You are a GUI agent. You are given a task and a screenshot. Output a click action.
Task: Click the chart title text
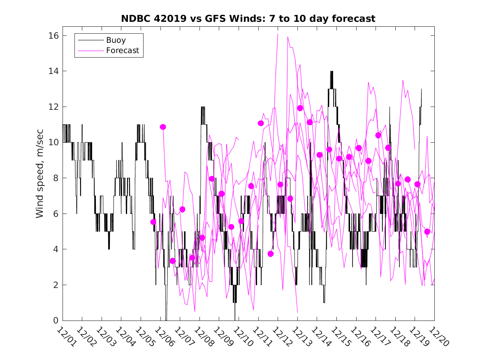click(x=248, y=19)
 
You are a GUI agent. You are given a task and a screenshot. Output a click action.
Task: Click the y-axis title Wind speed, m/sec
click(x=40, y=178)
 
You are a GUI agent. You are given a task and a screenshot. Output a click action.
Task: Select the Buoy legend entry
click(x=116, y=40)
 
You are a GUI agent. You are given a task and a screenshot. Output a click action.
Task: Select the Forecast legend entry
click(x=123, y=51)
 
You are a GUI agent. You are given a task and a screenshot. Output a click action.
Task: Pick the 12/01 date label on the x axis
click(x=66, y=337)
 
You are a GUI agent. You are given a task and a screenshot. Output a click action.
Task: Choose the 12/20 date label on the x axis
click(x=437, y=337)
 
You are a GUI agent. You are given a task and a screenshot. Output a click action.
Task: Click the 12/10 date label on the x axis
click(x=242, y=337)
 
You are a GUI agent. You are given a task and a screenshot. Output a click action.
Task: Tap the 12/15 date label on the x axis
click(x=340, y=337)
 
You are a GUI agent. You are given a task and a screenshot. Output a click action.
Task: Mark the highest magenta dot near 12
click(x=300, y=108)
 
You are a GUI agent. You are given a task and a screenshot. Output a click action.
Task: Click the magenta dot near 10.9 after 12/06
click(x=163, y=127)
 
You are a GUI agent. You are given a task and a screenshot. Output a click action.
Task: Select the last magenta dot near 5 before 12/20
click(x=427, y=232)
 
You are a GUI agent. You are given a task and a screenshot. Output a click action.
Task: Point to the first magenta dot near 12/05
click(x=153, y=222)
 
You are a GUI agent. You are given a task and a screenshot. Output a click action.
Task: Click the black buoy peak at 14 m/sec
click(x=332, y=72)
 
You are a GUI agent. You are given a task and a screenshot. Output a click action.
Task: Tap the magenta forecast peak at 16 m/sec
click(x=278, y=34)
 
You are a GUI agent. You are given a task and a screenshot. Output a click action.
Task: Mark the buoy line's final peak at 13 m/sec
click(x=421, y=89)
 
